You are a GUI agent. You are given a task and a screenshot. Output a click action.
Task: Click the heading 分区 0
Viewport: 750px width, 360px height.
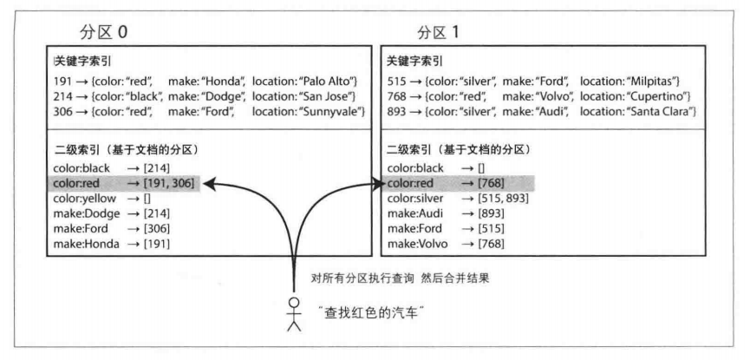[103, 33]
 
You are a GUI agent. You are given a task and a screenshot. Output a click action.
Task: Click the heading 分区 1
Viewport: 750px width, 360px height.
[438, 33]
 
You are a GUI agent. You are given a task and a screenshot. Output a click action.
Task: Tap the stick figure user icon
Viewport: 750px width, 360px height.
[294, 314]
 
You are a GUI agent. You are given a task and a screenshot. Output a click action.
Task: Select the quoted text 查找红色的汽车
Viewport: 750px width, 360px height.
[372, 313]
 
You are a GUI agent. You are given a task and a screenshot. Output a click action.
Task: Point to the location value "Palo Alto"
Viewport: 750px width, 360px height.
[331, 82]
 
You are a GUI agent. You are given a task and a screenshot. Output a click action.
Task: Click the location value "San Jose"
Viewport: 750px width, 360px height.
[329, 96]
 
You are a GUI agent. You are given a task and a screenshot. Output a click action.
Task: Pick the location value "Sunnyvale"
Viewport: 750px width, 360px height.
[335, 112]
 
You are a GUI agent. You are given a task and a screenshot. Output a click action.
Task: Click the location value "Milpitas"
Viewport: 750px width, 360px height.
[655, 82]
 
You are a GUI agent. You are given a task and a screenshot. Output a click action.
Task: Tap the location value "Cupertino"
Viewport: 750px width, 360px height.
[659, 96]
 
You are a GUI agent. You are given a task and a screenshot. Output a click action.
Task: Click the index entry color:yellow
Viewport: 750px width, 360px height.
[85, 199]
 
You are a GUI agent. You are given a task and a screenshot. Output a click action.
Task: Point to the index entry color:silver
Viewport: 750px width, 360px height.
[415, 199]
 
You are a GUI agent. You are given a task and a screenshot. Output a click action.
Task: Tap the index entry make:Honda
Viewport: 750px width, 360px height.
[86, 244]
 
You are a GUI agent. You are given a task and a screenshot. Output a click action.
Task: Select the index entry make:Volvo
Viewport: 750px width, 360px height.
[418, 244]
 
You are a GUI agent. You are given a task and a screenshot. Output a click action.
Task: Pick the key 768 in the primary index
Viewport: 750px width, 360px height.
[395, 96]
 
